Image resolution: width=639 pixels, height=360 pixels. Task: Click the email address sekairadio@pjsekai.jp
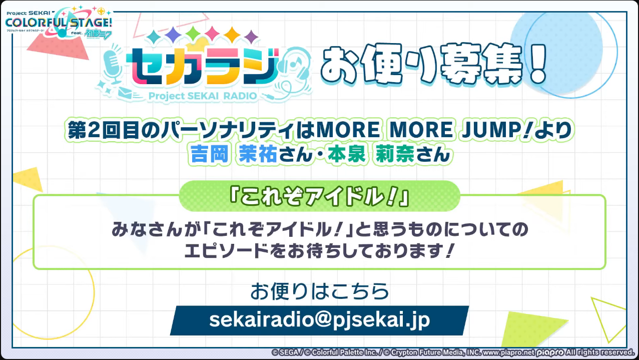(x=319, y=320)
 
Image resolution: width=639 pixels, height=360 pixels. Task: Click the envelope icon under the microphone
(x=125, y=93)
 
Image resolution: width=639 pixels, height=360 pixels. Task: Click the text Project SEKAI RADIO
(x=203, y=96)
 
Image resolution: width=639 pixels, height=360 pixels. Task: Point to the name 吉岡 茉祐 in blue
(x=233, y=154)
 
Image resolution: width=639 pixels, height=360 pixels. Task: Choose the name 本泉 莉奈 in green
(x=371, y=154)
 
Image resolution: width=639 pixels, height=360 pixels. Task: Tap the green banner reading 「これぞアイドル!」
(x=319, y=196)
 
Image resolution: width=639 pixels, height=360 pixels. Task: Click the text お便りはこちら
(x=319, y=291)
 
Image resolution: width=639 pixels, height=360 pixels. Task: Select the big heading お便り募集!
(x=434, y=65)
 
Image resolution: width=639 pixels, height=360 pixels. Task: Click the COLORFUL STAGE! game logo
(x=59, y=22)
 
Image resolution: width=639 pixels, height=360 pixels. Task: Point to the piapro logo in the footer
(x=550, y=353)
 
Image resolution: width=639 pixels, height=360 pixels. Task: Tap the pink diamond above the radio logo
(x=212, y=34)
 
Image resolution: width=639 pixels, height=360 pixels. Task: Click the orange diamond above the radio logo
(x=232, y=35)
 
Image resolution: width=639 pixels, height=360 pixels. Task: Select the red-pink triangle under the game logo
(x=59, y=47)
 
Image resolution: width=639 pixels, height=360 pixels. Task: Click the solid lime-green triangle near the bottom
(x=528, y=328)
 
